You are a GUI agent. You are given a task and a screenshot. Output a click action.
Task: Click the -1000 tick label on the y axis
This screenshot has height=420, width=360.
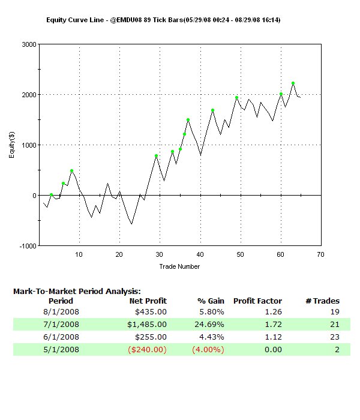tap(27, 246)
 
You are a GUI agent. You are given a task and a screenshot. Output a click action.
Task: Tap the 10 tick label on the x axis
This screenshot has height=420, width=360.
tap(79, 254)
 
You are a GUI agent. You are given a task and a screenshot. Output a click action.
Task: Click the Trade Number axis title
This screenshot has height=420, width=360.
tap(179, 266)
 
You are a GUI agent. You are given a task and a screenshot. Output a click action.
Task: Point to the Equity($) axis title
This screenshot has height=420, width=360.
tap(11, 145)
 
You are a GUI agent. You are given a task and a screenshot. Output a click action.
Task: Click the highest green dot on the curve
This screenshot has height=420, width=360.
tap(293, 83)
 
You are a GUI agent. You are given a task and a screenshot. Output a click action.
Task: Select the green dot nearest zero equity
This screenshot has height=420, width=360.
tap(52, 194)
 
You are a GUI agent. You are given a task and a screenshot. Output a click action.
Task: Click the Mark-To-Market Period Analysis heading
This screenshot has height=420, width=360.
tap(76, 291)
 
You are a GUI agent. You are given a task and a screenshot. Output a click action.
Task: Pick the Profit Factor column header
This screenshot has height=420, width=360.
tap(257, 301)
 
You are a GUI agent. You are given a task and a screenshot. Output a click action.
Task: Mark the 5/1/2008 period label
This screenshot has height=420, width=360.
tap(61, 349)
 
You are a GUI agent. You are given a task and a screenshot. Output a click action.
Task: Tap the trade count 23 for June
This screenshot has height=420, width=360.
tap(334, 337)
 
